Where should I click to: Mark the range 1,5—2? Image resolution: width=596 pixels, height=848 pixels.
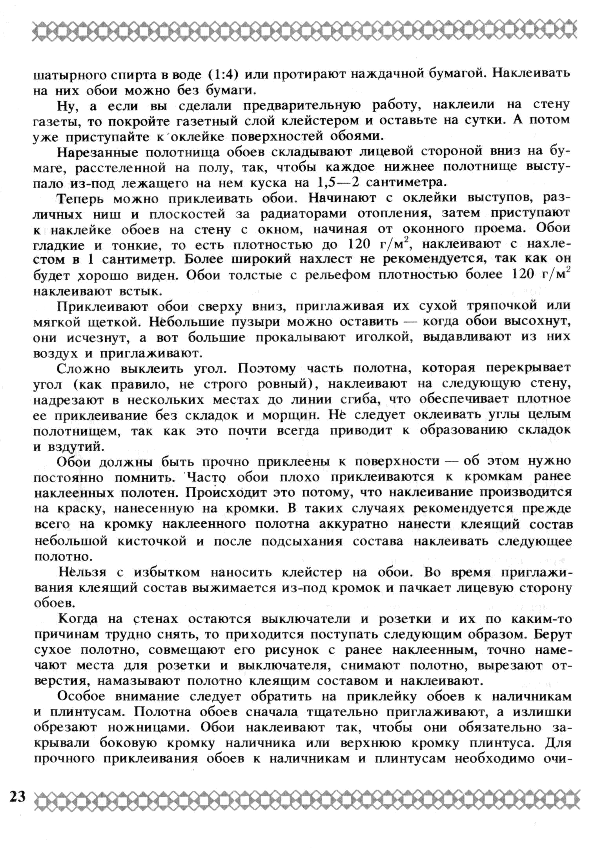click(x=337, y=182)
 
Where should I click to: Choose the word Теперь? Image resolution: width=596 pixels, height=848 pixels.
click(x=80, y=199)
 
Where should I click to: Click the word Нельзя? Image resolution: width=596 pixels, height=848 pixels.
click(x=82, y=572)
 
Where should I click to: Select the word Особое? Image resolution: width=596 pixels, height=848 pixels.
click(x=81, y=697)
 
